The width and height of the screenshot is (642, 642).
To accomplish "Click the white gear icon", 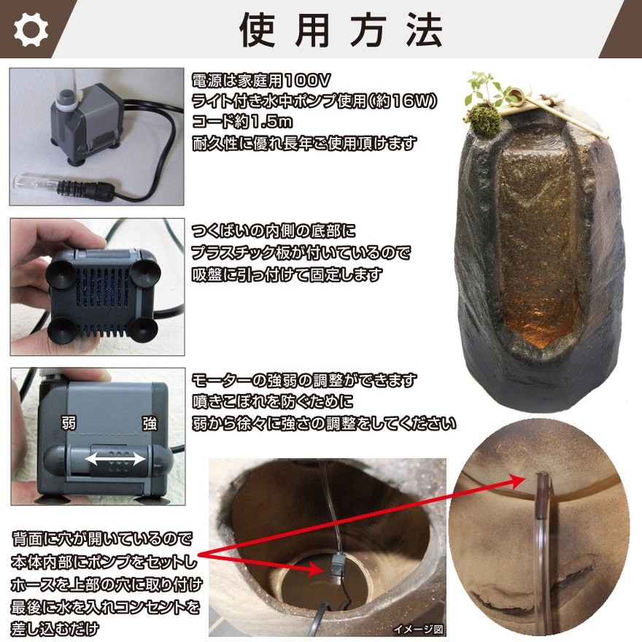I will pos(30,30).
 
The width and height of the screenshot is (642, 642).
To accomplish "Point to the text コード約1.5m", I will pos(241,120).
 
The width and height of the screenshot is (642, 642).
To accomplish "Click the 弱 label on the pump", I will pos(67,423).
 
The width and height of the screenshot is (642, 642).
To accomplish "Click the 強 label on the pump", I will pos(149,423).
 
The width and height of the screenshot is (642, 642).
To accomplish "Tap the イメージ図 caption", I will pos(418,629).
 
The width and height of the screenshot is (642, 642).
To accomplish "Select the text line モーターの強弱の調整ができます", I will pos(304,381).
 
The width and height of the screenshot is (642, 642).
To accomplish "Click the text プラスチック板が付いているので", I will pos(301,253).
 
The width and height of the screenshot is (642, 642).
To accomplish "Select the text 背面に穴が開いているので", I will pos(102,540).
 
